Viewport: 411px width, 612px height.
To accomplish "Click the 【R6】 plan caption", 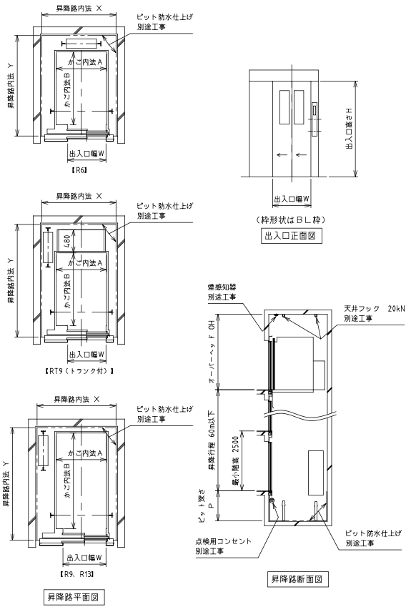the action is (79, 170).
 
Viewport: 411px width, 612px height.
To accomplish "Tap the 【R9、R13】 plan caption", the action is (77, 573).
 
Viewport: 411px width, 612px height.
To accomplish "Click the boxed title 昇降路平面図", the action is (74, 597).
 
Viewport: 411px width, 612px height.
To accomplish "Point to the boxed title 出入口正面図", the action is (291, 236).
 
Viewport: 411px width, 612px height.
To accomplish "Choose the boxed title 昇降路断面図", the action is (297, 579).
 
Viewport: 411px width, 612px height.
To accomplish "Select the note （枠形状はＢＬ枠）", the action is (291, 219).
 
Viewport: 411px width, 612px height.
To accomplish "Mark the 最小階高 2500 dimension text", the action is (235, 461).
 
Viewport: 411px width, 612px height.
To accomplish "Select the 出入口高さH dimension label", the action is (350, 129).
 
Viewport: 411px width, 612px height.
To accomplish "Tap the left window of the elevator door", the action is (284, 107).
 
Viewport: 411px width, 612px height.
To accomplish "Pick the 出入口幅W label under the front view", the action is (292, 199).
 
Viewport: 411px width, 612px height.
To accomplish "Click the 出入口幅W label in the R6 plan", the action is (86, 154).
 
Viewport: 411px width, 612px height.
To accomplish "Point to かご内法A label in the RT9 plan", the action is (85, 263).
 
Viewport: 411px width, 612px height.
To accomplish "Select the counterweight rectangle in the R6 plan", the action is (81, 44).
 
